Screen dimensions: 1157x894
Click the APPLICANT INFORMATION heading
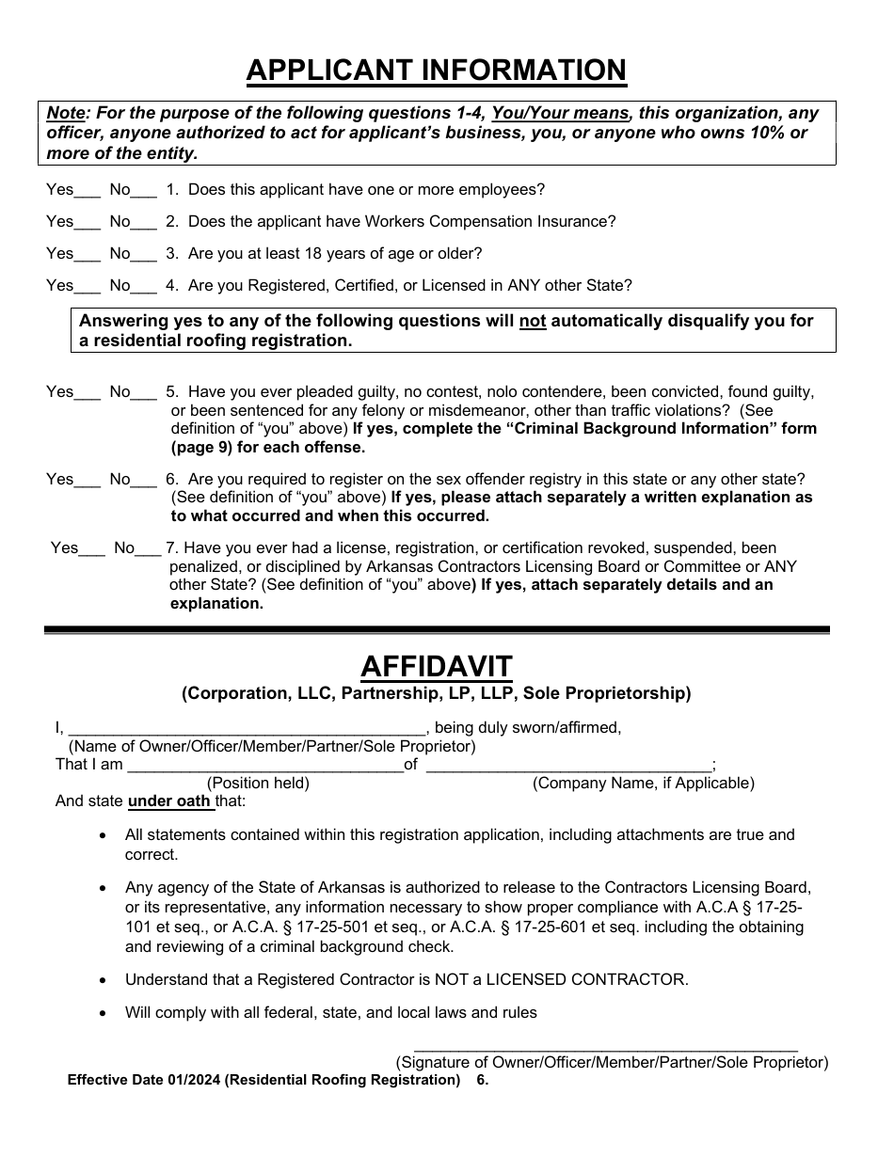point(436,71)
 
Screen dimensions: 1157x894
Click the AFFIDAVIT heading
point(437,667)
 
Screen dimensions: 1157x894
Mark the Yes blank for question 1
point(88,192)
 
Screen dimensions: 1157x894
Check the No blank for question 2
point(145,224)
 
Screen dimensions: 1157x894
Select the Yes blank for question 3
point(88,256)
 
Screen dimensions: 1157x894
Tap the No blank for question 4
point(145,288)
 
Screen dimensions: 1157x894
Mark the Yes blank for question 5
point(88,394)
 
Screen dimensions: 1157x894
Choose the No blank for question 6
point(145,482)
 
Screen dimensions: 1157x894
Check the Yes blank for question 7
point(92,550)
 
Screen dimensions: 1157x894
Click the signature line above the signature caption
point(605,1046)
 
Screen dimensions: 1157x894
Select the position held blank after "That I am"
point(264,767)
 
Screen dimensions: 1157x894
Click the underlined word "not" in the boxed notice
point(533,321)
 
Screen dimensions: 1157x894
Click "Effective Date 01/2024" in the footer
point(143,1080)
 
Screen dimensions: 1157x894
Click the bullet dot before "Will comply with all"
point(103,1013)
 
